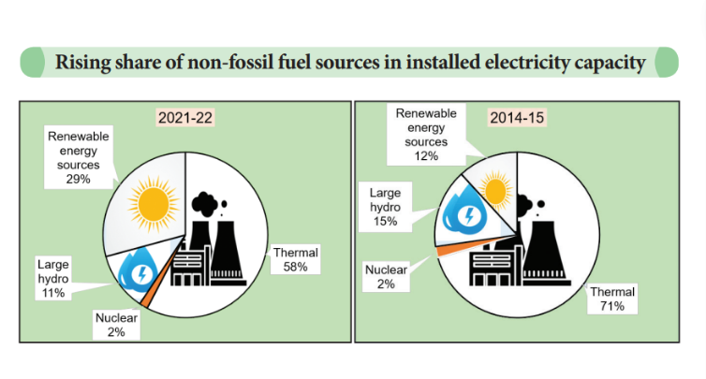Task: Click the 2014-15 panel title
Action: [x=518, y=119]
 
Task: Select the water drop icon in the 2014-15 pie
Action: [x=463, y=212]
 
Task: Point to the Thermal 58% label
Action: [x=296, y=258]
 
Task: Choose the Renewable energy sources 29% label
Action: [x=78, y=157]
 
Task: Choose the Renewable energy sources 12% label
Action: [x=427, y=134]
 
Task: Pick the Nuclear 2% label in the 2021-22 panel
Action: [x=117, y=324]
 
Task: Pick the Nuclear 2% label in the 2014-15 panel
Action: [x=386, y=276]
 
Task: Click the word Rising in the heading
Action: [x=82, y=63]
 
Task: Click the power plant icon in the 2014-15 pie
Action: [x=534, y=253]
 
